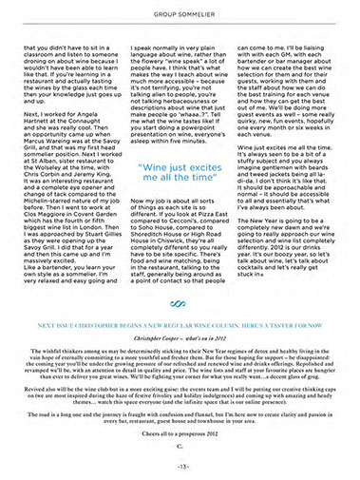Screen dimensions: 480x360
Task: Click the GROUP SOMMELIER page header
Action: pos(180,15)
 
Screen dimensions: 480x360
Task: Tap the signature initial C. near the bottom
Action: pos(180,444)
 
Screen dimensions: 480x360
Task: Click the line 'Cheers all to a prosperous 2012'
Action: pos(180,431)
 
